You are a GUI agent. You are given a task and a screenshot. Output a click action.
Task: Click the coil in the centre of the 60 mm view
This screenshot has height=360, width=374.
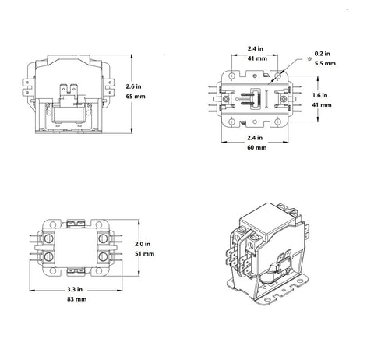click(x=252, y=101)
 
